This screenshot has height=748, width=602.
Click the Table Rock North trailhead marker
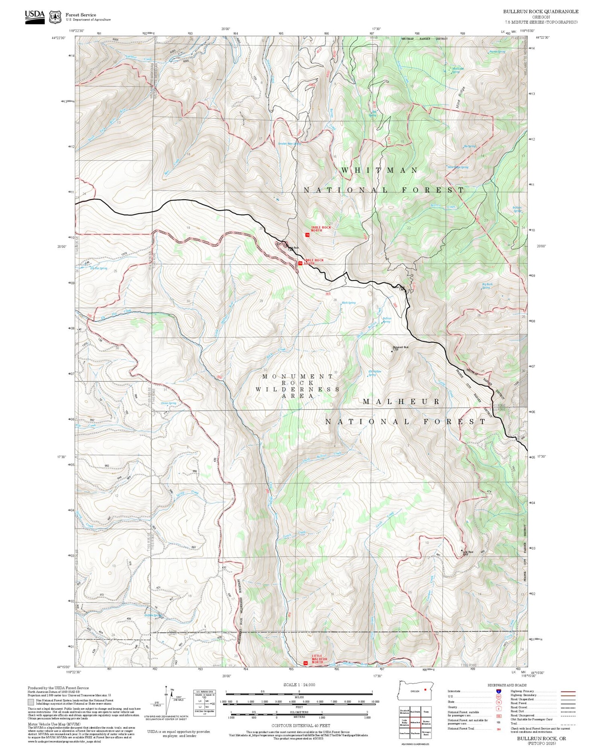point(307,235)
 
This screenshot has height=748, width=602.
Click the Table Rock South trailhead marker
point(300,263)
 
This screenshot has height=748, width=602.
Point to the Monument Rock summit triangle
point(392,351)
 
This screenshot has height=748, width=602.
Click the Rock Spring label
point(348,303)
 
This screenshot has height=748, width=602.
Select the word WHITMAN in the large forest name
point(379,170)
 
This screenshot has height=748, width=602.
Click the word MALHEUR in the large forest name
point(401,402)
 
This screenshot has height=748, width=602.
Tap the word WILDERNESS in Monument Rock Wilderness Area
point(297,389)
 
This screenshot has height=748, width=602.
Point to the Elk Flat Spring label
point(98,268)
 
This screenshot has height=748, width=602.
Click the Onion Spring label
point(169,403)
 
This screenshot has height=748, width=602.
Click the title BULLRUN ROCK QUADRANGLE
point(541,12)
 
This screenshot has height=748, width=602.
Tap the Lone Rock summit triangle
point(462,551)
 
